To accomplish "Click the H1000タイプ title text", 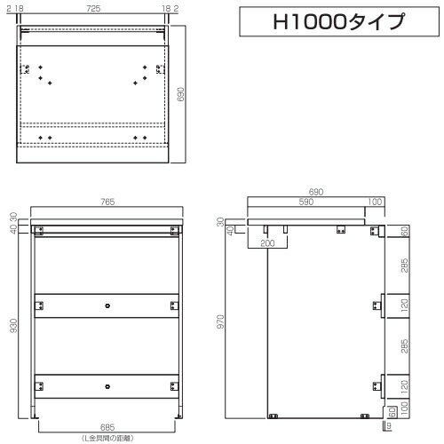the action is pyautogui.click(x=338, y=21).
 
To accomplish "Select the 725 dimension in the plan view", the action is pyautogui.click(x=93, y=9).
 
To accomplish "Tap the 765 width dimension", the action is pyautogui.click(x=107, y=202).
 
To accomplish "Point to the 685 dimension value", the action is pyautogui.click(x=107, y=427).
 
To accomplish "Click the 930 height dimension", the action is pyautogui.click(x=13, y=326).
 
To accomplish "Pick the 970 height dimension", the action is pyautogui.click(x=220, y=321).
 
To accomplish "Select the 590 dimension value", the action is pyautogui.click(x=306, y=202).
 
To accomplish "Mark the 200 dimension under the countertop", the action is pyautogui.click(x=267, y=243).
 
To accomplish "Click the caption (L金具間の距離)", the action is pyautogui.click(x=107, y=438).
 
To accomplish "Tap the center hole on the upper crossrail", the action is pyautogui.click(x=107, y=305).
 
